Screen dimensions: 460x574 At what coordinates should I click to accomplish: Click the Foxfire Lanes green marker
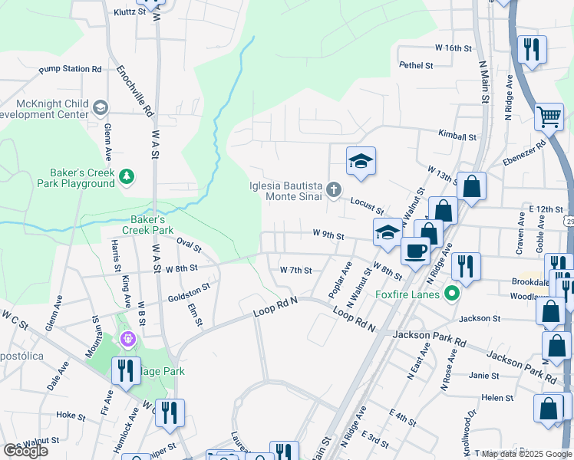(452, 293)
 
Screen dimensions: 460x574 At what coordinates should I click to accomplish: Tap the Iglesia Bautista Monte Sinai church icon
(334, 189)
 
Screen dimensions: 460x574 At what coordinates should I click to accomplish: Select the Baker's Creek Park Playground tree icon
(126, 178)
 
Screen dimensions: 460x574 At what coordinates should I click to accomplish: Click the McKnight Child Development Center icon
(100, 108)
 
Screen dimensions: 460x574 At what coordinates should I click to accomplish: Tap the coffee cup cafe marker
(415, 251)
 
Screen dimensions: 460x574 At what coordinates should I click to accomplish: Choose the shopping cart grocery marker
(549, 117)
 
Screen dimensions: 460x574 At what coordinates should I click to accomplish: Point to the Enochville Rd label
(135, 90)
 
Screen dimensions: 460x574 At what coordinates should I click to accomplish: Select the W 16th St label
(453, 48)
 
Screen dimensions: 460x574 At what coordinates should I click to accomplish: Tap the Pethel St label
(417, 66)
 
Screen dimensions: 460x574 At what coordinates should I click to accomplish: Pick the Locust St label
(367, 205)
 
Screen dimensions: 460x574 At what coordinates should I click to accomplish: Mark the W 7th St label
(295, 270)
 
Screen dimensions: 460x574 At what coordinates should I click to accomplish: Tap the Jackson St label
(479, 318)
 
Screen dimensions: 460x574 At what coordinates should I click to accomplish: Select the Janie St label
(484, 376)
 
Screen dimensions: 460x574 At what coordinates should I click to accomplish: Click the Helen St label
(497, 398)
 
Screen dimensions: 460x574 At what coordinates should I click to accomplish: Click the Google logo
(25, 450)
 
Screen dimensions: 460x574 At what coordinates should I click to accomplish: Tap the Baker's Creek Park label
(148, 225)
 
